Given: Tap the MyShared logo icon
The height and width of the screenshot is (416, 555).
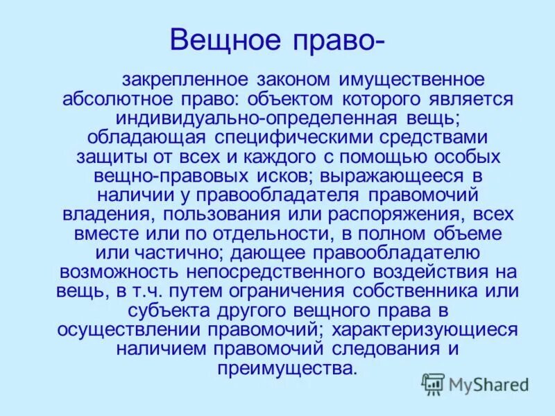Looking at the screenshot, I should point(434,383).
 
